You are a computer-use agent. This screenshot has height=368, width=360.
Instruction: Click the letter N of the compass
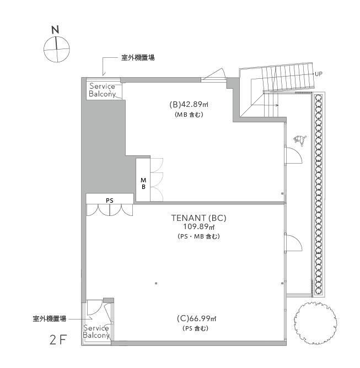[x=55, y=30]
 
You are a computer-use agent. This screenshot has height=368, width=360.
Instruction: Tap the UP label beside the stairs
[x=319, y=74]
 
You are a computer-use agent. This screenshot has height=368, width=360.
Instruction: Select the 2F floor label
[x=58, y=339]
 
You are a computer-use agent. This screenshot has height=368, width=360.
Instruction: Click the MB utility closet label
[x=143, y=183]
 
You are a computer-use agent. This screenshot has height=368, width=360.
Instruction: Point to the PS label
[x=109, y=201]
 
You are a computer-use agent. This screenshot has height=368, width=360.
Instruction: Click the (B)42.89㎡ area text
[x=189, y=105]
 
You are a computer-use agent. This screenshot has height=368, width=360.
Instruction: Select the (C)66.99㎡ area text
[x=197, y=318]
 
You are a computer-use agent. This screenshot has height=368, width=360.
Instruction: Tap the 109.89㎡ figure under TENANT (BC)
[x=199, y=227]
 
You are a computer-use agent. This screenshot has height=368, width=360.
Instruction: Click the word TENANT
[x=189, y=218]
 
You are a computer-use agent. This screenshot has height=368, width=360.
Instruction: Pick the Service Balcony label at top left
[x=103, y=90]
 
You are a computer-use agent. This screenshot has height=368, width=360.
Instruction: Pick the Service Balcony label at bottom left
[x=96, y=332]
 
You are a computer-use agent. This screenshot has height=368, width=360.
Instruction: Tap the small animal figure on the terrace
[x=300, y=140]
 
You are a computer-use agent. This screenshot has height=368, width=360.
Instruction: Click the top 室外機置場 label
[x=138, y=58]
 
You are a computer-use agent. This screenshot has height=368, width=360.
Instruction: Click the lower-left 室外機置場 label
[x=49, y=319]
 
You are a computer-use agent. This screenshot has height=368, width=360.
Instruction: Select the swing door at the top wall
[x=213, y=74]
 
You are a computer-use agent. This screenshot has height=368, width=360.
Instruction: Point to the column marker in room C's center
[x=156, y=284]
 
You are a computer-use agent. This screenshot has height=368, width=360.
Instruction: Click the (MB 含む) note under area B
[x=189, y=115]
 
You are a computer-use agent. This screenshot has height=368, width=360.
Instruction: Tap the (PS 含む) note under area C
[x=195, y=328]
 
